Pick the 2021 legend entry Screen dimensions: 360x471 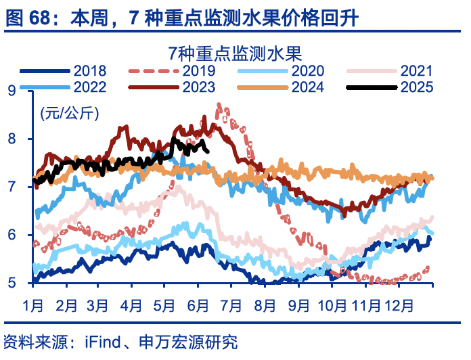tap(416, 70)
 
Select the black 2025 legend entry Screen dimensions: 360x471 tap(416, 87)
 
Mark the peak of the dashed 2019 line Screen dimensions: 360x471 tap(219, 105)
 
